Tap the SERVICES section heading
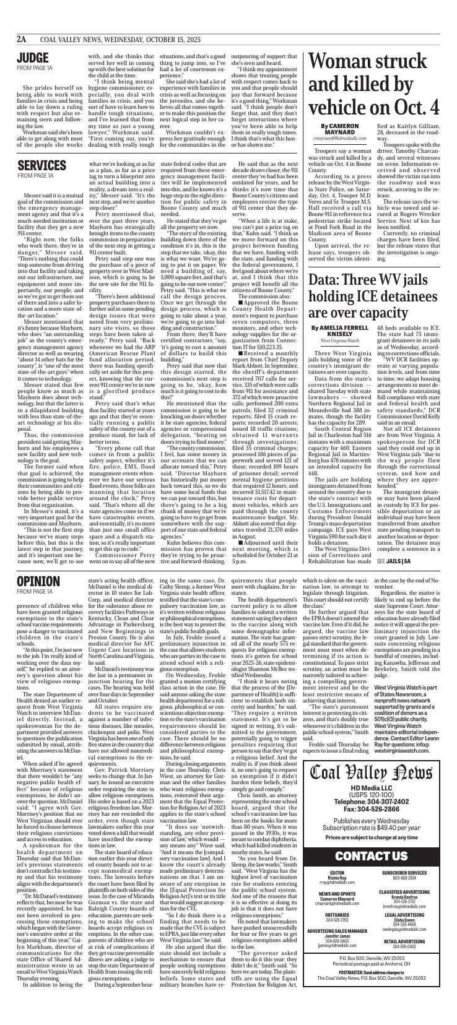tap(41, 165)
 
